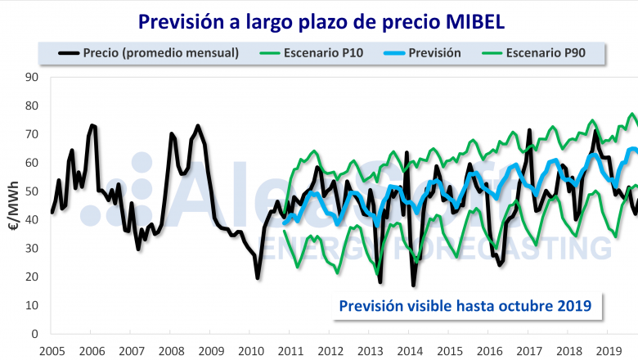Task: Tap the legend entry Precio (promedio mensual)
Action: tap(160, 53)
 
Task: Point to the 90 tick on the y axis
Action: tap(34, 77)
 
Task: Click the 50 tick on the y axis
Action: tap(34, 191)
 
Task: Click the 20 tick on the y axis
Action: tap(34, 277)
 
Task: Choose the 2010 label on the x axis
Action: tap(250, 349)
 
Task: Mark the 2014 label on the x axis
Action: tap(409, 349)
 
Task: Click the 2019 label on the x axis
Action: tap(608, 349)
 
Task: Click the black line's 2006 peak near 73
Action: tap(92, 125)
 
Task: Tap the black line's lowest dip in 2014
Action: tap(414, 285)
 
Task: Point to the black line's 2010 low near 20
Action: tap(258, 278)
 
